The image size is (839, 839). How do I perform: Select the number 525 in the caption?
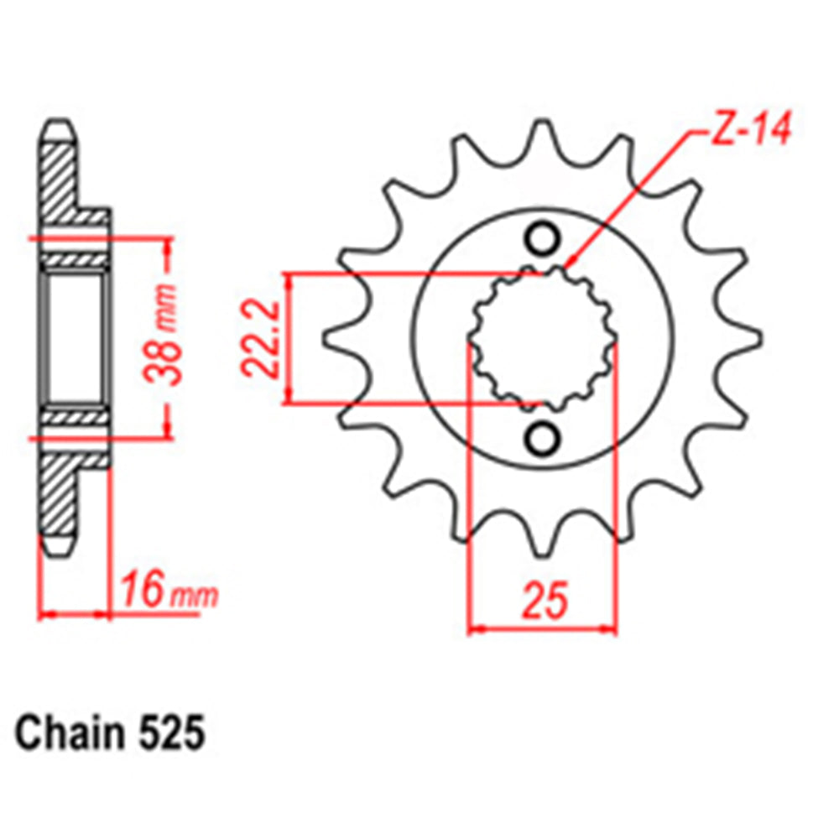click(x=172, y=734)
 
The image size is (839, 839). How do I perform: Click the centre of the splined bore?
click(x=542, y=339)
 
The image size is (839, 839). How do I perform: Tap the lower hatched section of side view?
click(x=59, y=495)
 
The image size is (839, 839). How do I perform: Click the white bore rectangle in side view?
click(x=73, y=339)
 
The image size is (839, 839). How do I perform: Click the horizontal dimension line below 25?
click(x=542, y=628)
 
